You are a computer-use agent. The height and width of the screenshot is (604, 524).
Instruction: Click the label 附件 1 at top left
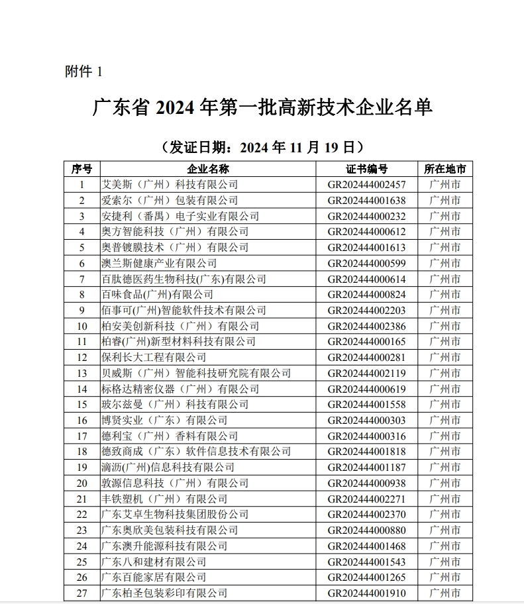pos(83,72)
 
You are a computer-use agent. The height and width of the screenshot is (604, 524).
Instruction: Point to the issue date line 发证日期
pos(262,146)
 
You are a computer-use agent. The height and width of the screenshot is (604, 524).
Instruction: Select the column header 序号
pos(81,169)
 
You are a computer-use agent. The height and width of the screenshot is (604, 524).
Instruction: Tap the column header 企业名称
pos(209,169)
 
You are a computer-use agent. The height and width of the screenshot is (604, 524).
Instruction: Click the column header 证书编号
pos(366,169)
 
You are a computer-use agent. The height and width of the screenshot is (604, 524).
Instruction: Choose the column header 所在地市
pos(445,169)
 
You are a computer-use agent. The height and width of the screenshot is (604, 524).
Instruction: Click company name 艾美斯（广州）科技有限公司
pos(169,185)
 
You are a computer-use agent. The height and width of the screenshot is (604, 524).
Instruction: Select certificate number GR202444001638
pos(366,201)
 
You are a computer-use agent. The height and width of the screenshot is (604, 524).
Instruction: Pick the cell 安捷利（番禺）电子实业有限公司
pos(180,216)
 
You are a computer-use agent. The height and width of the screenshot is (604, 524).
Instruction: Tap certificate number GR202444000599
pos(366,263)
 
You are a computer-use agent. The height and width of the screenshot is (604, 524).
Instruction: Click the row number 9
pos(81,310)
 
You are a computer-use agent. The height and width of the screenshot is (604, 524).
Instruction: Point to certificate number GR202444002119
pos(366,374)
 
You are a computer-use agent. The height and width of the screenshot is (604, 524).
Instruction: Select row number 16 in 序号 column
pos(81,421)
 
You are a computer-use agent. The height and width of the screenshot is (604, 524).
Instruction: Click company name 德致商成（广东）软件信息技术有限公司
pos(195,452)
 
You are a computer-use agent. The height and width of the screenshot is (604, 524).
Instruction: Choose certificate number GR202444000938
pos(366,483)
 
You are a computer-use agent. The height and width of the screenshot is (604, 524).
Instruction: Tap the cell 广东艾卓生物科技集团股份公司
pos(174,515)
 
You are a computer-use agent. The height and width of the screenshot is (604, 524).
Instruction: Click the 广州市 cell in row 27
pos(445,593)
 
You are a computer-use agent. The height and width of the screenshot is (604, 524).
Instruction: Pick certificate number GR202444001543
pos(366,562)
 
